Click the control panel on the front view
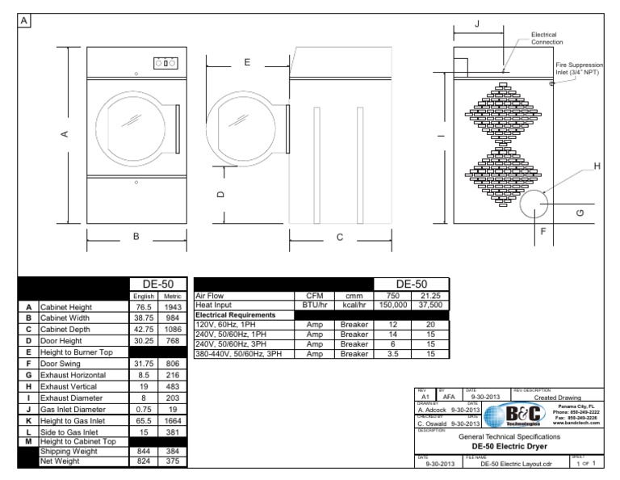tap(165, 62)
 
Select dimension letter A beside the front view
tap(64, 134)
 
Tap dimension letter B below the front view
tap(136, 236)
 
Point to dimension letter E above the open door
tap(247, 62)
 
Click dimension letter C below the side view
tap(339, 237)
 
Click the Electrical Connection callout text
tap(547, 38)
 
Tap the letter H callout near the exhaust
tap(597, 166)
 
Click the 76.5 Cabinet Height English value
tap(145, 308)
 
